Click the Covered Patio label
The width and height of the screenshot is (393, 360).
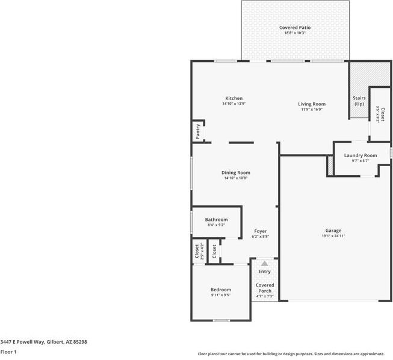[295, 28]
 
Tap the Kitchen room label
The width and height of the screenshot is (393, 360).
[234, 98]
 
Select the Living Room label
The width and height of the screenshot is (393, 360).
[311, 104]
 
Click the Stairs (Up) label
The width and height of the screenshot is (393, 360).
[359, 101]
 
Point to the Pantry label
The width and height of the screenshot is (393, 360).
[197, 131]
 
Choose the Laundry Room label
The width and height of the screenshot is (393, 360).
[361, 155]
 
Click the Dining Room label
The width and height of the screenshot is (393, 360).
[235, 173]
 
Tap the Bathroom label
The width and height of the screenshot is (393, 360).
[216, 220]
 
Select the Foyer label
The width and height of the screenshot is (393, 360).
[260, 231]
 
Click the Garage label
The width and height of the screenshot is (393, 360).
[333, 231]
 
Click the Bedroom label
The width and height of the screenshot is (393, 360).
[220, 290]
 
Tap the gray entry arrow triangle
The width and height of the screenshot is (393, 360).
[264, 263]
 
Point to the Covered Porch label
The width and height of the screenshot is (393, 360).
[265, 288]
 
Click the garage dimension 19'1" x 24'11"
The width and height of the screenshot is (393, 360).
[333, 236]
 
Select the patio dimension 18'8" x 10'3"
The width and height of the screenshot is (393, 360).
[295, 33]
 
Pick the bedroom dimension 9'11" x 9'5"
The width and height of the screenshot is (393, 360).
[220, 295]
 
